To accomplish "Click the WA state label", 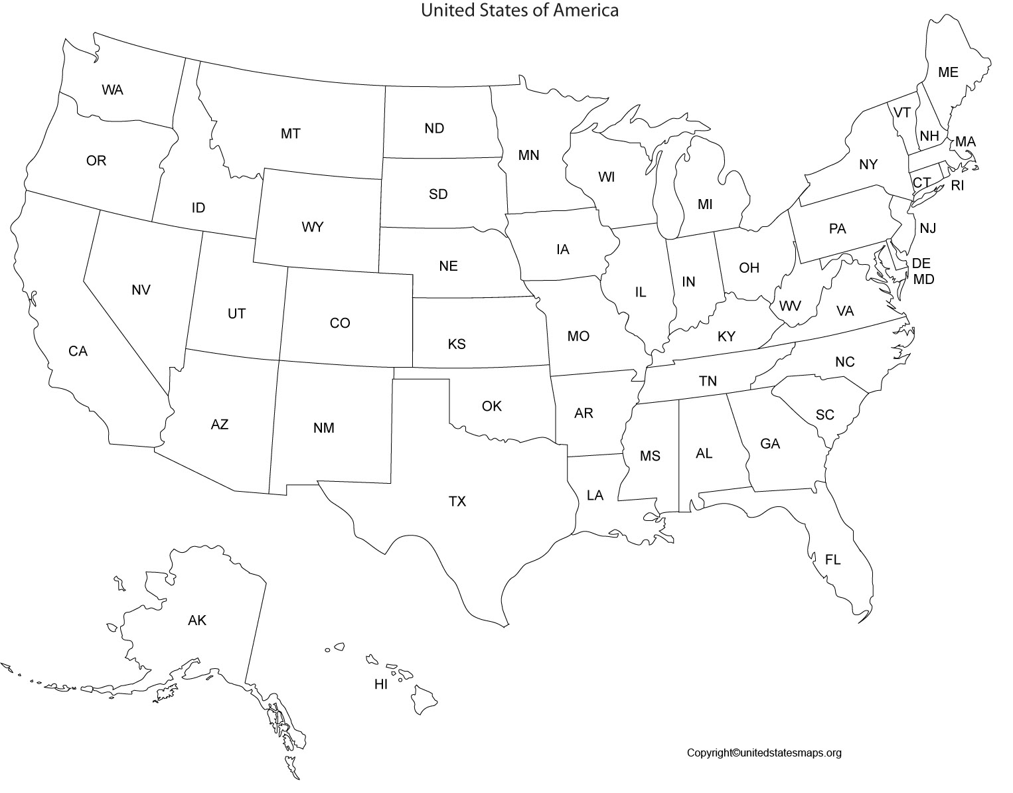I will (112, 90).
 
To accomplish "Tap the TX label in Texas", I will (457, 501).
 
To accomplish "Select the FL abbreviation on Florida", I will (832, 559).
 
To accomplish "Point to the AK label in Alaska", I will (197, 620).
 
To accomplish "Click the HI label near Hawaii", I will (380, 684).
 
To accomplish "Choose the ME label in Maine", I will (948, 72).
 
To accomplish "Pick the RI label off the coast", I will (957, 186).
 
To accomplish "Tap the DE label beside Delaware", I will (921, 263).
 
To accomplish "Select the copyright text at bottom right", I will (763, 753).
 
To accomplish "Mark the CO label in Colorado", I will (340, 323).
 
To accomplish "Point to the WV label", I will (789, 306).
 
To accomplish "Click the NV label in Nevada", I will (141, 290).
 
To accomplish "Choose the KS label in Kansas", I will (457, 344).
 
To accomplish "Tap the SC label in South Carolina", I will (824, 415).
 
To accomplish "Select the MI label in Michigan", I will (704, 204).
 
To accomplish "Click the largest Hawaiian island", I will (422, 699).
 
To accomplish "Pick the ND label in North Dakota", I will (434, 128).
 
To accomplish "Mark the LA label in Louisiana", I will (595, 495).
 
